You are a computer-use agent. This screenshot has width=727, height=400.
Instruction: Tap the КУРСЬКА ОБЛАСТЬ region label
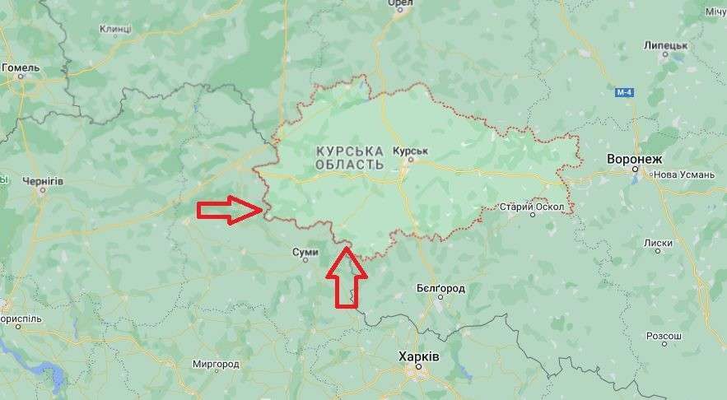(350, 158)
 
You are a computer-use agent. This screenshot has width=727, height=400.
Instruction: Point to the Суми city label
(305, 253)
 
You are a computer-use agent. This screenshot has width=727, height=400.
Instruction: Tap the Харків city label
(418, 357)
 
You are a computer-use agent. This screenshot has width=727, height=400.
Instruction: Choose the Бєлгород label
(440, 289)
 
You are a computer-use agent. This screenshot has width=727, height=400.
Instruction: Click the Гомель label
(21, 67)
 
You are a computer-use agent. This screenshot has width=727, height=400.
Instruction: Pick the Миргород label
(215, 364)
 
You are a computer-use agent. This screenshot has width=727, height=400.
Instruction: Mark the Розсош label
(664, 336)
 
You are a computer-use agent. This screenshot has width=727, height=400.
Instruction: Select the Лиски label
(659, 243)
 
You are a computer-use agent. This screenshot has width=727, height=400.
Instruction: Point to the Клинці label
(115, 29)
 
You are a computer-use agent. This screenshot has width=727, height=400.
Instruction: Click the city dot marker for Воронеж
(636, 170)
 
